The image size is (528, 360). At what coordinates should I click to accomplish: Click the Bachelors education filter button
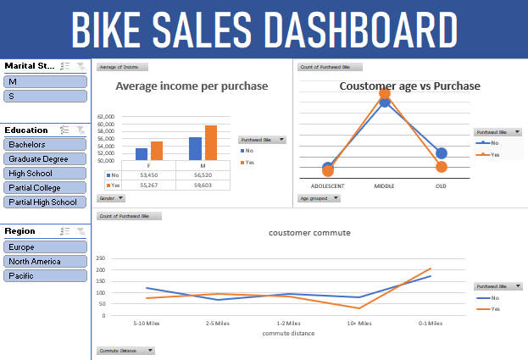point(45,144)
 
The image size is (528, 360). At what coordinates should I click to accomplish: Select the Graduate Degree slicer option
point(45,158)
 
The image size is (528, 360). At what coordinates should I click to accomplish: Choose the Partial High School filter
point(45,202)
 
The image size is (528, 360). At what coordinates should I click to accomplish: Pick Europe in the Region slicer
point(45,246)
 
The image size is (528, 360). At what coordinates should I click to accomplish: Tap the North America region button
point(45,261)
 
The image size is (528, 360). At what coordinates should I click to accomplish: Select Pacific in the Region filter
point(45,276)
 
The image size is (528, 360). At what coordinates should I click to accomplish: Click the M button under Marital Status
point(45,80)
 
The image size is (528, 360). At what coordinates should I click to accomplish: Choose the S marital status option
point(45,97)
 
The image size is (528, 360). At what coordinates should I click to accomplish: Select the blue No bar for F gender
point(142,154)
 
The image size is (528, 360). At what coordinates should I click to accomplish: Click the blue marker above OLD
point(441,153)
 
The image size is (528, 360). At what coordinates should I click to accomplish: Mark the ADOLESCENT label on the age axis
point(327,186)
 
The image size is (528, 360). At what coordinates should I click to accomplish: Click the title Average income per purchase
point(191,86)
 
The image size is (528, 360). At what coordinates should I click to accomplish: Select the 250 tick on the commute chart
point(101,258)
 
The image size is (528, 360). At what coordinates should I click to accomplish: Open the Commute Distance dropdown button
point(126,350)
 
